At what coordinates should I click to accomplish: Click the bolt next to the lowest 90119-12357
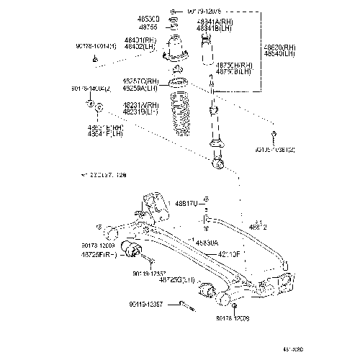coord(186,306)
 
